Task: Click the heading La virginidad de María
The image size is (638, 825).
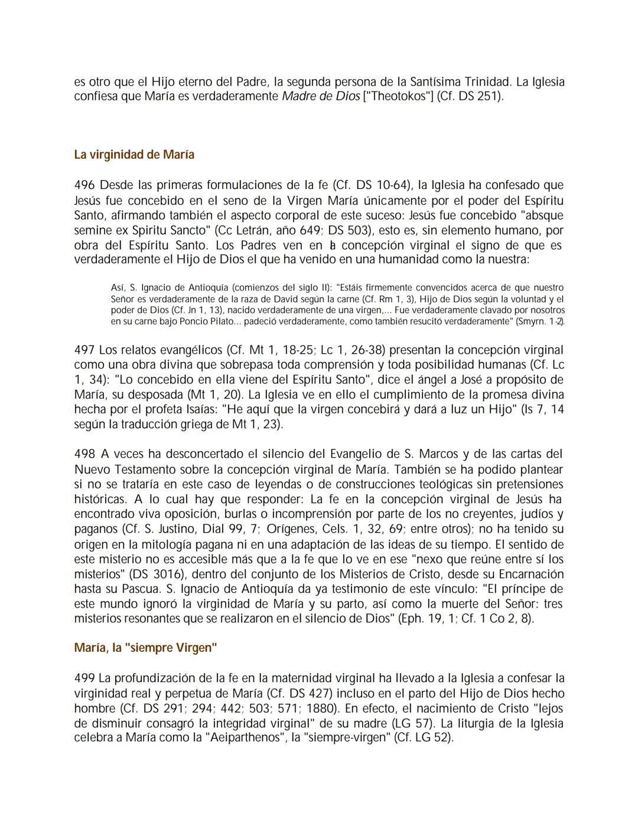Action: pos(134,155)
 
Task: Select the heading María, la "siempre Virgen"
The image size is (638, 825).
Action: pos(145,648)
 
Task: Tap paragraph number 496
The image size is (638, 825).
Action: pos(84,185)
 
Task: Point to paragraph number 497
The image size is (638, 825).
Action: pos(84,350)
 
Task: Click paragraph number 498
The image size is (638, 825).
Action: pos(84,454)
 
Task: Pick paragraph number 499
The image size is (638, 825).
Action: pos(84,679)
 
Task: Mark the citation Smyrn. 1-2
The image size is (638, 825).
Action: pos(540,321)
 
